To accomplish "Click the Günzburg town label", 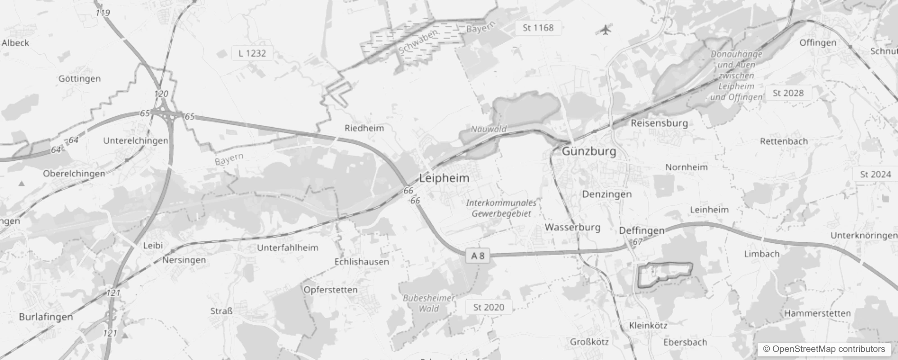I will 589,151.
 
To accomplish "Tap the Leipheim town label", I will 444,178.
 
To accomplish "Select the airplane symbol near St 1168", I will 606,30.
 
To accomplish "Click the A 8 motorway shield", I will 477,256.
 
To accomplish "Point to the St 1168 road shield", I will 538,28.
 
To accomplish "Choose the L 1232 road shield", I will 252,53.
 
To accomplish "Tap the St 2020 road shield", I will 489,307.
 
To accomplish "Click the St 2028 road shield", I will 788,93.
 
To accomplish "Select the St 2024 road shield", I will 875,174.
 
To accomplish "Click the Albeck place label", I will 15,43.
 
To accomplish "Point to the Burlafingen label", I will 46,317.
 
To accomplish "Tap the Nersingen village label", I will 184,260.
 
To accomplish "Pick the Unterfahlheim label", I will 287,247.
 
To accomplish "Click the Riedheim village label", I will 364,128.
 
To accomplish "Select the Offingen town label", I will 817,43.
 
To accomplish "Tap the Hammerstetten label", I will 817,313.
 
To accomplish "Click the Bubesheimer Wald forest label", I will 429,303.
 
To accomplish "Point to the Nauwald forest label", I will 489,129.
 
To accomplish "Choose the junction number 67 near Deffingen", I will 638,242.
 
